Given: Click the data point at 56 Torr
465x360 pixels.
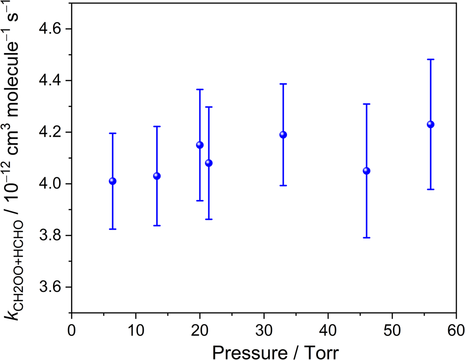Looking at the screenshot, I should click(431, 124).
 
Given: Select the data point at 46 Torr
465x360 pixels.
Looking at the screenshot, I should click(366, 171).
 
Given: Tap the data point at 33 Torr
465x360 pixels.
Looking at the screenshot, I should click(283, 135).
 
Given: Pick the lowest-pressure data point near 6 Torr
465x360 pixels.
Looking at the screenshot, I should click(113, 181).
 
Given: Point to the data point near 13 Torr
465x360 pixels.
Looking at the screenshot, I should click(157, 176).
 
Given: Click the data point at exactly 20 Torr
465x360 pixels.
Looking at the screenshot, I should click(200, 145).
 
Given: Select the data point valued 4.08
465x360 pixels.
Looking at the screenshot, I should click(209, 163).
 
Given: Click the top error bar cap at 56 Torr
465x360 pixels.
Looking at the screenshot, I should click(431, 60).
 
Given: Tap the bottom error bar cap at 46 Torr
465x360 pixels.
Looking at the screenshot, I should click(366, 238).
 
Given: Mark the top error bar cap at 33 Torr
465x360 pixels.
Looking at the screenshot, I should click(283, 84).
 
